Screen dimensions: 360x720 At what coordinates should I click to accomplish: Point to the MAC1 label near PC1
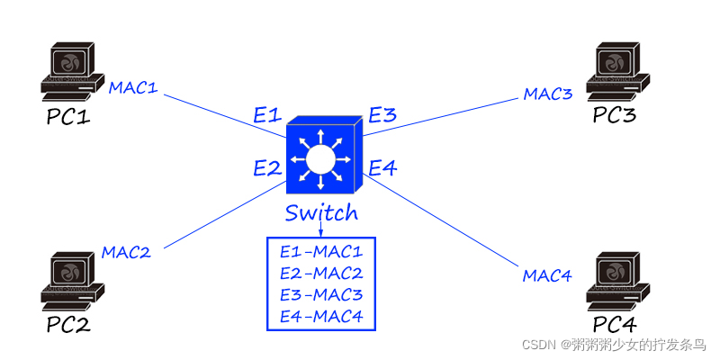click(x=133, y=88)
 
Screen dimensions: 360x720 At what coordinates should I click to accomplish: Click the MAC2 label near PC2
click(x=126, y=252)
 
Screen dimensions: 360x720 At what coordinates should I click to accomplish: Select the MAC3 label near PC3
click(x=548, y=94)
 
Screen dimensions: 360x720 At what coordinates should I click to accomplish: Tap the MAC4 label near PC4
click(x=547, y=274)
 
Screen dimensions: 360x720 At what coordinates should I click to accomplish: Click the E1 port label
click(x=267, y=115)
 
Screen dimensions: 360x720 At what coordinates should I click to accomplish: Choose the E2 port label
click(x=267, y=167)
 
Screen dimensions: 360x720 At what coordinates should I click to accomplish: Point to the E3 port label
click(x=382, y=115)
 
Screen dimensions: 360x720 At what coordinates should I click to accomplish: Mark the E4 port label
click(x=382, y=167)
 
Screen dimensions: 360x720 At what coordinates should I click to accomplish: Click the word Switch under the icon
click(x=321, y=213)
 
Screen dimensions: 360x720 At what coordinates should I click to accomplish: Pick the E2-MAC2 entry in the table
click(x=321, y=274)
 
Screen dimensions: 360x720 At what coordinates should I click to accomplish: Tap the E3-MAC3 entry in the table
click(x=321, y=294)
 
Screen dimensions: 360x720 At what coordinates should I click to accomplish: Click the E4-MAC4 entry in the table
click(x=321, y=316)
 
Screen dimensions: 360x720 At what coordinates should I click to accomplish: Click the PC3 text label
click(x=614, y=116)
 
